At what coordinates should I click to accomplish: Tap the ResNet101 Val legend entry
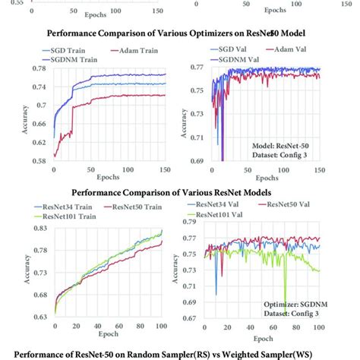coord(235,215)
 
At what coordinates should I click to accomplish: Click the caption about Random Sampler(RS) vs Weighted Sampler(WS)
coord(180,354)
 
